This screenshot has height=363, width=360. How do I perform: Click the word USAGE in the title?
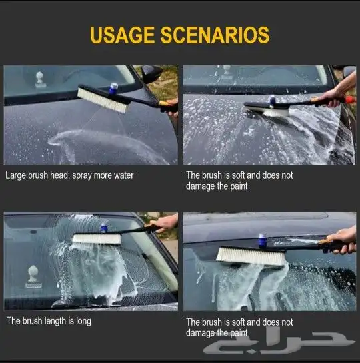coord(122,35)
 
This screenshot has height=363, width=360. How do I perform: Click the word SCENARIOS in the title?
coord(215,35)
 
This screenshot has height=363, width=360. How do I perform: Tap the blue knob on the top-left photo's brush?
coord(113,89)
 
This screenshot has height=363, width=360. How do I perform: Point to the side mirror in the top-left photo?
coord(151,73)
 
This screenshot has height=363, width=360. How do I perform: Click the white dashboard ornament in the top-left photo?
coord(39,79)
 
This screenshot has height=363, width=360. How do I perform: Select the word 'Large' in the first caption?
coord(15,175)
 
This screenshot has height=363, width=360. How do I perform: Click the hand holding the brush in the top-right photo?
coord(339,94)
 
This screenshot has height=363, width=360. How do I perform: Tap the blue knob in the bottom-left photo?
coord(104,228)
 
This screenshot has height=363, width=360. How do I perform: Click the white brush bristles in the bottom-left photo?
coord(97,239)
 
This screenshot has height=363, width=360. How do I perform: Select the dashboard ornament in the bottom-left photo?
coord(33,277)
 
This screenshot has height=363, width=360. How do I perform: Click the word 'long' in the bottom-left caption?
coord(83,322)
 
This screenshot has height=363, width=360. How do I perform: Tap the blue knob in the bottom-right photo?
coord(263,240)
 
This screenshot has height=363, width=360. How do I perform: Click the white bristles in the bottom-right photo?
coord(251,256)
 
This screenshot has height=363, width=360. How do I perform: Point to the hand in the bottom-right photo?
coord(343,240)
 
